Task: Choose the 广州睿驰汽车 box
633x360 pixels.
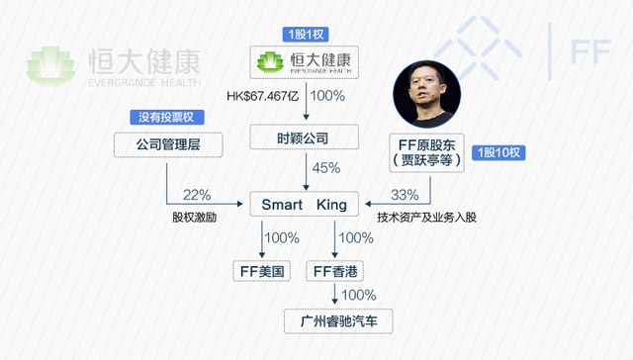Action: pos(339,320)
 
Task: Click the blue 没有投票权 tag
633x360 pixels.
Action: pos(167,117)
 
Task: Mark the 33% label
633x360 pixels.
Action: pos(406,194)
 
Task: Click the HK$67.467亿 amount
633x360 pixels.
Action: pos(262,96)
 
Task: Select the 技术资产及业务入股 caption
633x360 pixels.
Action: pos(427,216)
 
